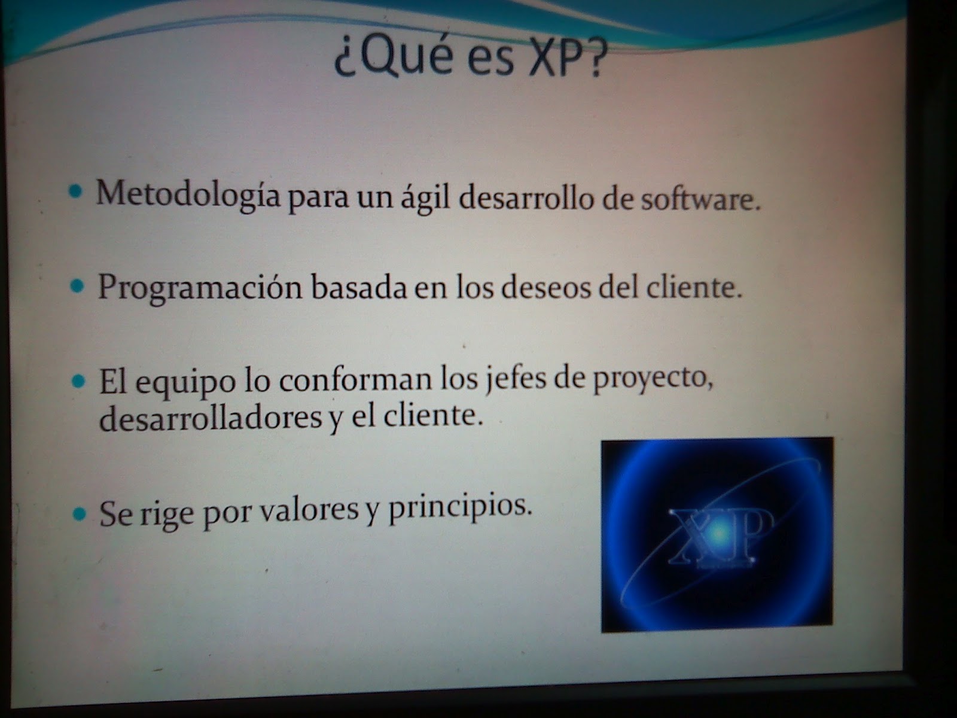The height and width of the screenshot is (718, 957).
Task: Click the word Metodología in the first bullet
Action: point(187,194)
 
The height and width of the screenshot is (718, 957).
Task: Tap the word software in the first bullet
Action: point(700,199)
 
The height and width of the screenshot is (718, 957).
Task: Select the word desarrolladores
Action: point(210,418)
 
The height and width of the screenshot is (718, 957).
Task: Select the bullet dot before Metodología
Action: point(75,193)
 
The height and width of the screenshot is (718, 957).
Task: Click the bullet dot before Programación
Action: point(77,286)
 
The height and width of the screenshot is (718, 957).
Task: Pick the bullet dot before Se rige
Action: point(80,514)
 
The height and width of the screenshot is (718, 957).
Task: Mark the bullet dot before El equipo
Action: point(78,381)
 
